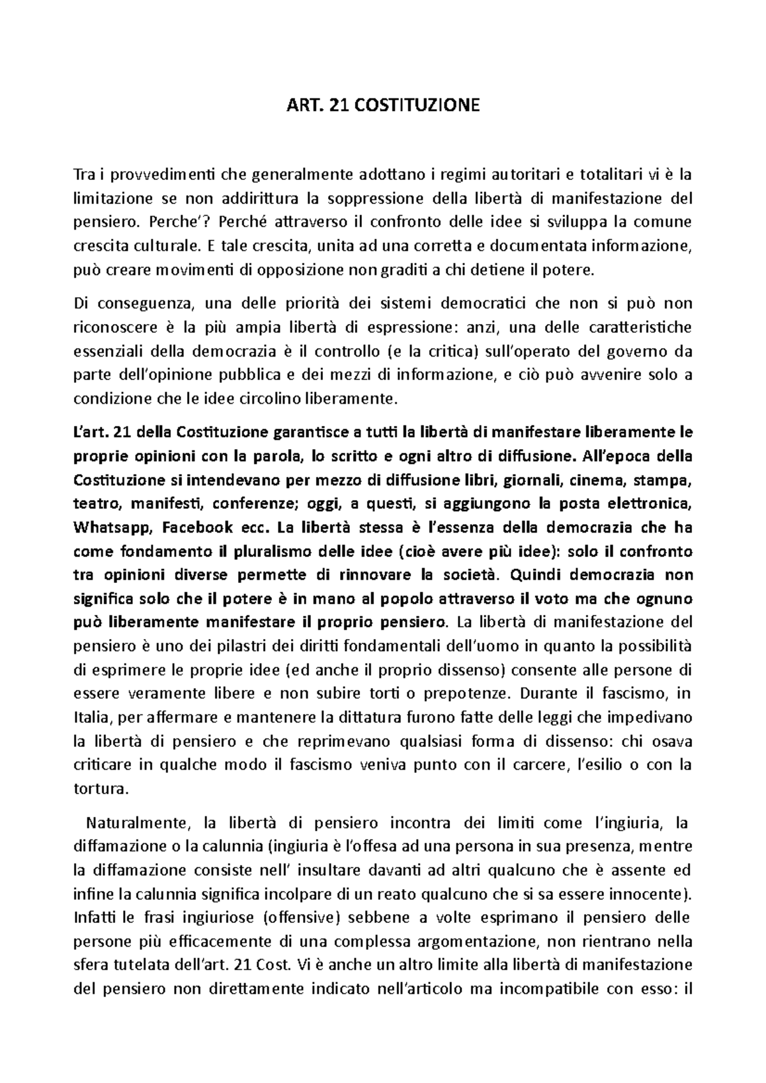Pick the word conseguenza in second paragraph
pos(139,303)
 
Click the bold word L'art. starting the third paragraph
pos(93,433)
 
